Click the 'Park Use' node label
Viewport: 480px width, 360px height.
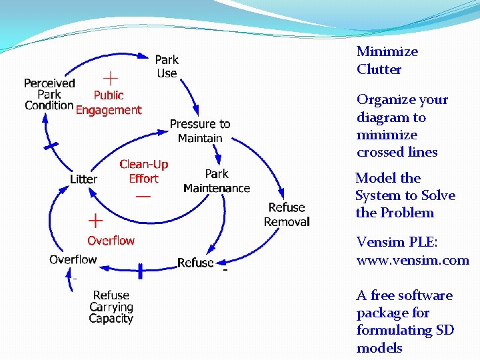coord(167,67)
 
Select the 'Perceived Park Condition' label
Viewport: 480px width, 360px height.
coord(49,94)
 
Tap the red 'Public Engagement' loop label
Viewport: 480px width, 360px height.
coord(109,103)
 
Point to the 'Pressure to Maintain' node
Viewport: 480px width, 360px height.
coord(200,131)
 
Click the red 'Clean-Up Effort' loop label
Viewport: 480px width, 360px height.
coord(143,171)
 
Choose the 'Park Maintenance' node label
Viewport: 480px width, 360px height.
coord(216,181)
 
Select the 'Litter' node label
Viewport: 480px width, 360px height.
coord(83,179)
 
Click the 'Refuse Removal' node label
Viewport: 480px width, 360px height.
coord(287,215)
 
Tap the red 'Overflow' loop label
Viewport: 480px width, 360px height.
coord(111,241)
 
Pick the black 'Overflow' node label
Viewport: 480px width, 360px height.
coord(73,259)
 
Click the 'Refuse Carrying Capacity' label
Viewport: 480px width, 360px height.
coord(111,307)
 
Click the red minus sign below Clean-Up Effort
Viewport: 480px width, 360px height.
coord(143,197)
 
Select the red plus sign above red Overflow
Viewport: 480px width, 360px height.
coord(95,219)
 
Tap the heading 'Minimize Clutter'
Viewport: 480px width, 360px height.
coord(387,60)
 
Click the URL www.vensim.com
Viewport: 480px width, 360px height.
coord(413,260)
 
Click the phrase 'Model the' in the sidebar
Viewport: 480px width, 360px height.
coord(388,178)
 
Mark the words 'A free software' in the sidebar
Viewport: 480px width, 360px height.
coord(404,295)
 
